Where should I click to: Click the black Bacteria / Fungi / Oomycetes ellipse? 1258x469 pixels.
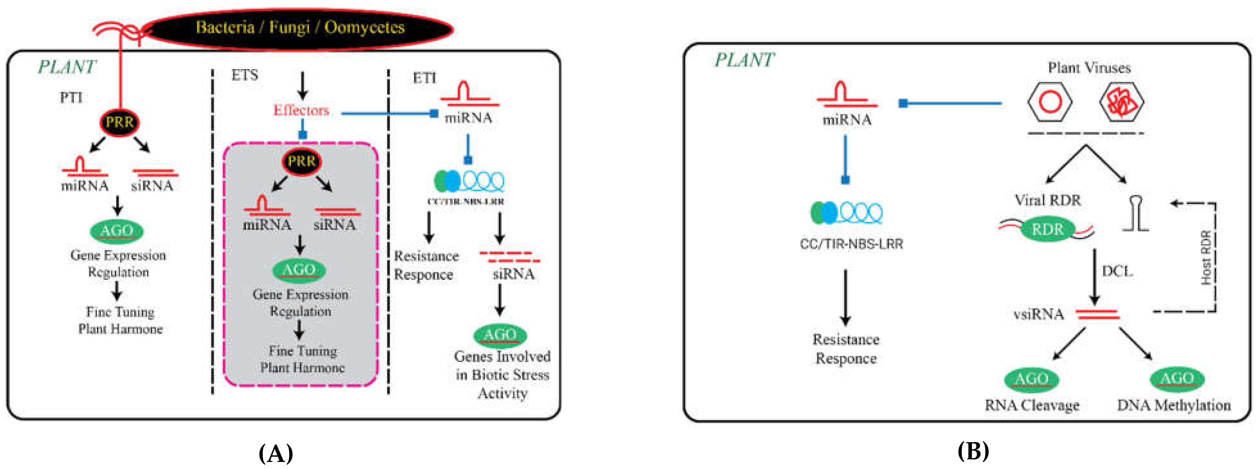pyautogui.click(x=299, y=28)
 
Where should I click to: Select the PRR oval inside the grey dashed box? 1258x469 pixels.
pyautogui.click(x=301, y=161)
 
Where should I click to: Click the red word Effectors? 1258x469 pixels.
pyautogui.click(x=301, y=111)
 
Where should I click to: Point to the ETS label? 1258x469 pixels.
pyautogui.click(x=245, y=75)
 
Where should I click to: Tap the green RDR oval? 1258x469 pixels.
pyautogui.click(x=1047, y=229)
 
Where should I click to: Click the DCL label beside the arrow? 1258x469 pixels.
pyautogui.click(x=1117, y=271)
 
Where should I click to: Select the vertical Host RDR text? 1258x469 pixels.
pyautogui.click(x=1206, y=257)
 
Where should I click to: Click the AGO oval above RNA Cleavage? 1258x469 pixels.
pyautogui.click(x=1031, y=379)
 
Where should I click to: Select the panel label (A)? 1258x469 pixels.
pyautogui.click(x=276, y=453)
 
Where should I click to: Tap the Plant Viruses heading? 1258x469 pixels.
pyautogui.click(x=1089, y=67)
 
